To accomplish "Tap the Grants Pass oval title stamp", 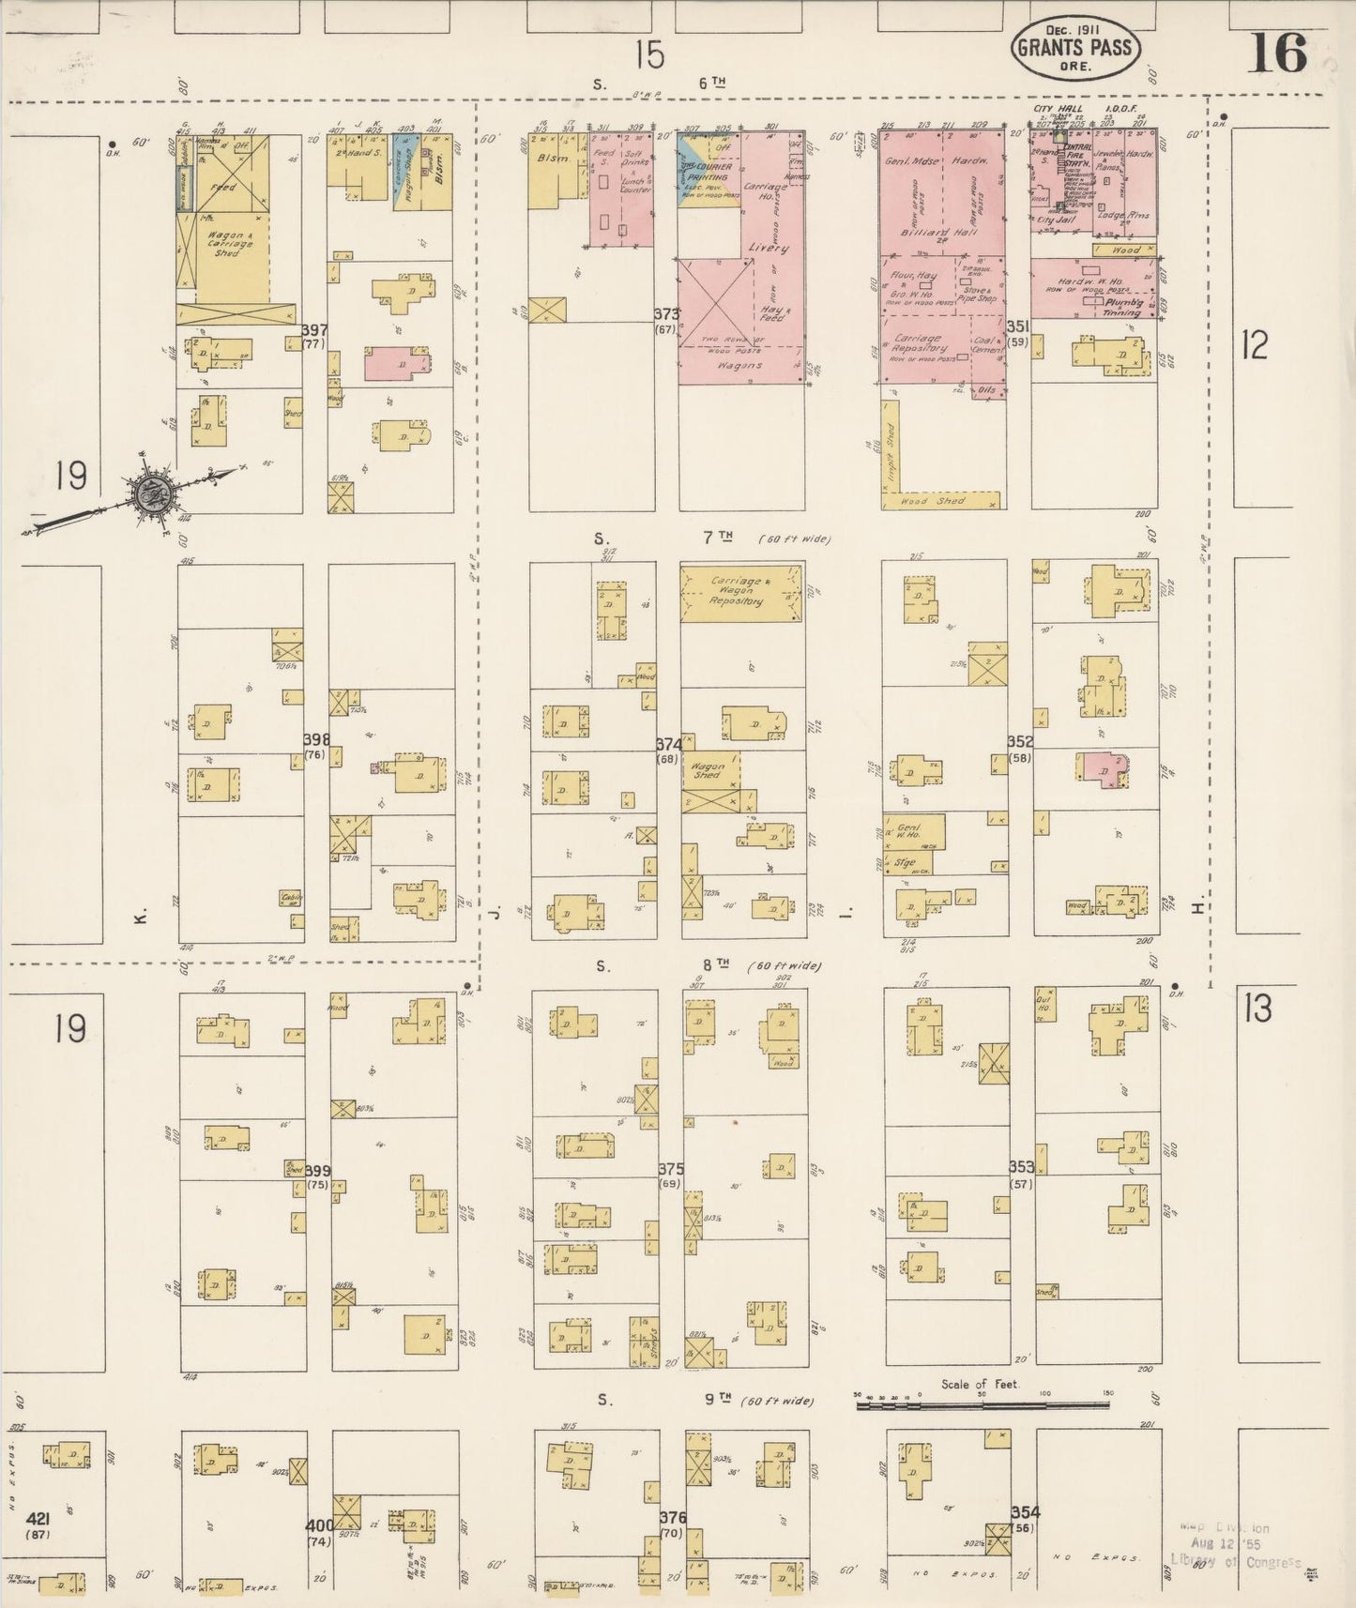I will coord(1075,49).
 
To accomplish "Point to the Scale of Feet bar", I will coord(983,1404).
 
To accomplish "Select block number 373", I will coord(666,314).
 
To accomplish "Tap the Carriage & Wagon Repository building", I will coord(740,594).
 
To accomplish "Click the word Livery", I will coord(768,249).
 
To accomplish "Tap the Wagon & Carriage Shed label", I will coord(225,244).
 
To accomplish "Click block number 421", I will coord(38,1518).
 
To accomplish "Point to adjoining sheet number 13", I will coord(1257,1008).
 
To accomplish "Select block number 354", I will coord(1025,1512).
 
